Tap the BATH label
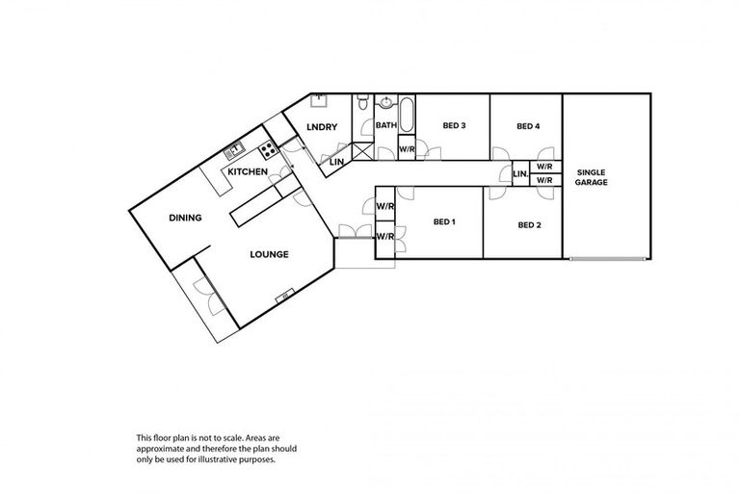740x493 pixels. pyautogui.click(x=385, y=125)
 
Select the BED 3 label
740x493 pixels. pyautogui.click(x=455, y=126)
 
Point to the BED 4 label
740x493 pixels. pyautogui.click(x=528, y=126)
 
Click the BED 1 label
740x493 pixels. pyautogui.click(x=444, y=222)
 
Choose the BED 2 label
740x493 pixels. pyautogui.click(x=529, y=225)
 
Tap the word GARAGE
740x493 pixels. pyautogui.click(x=592, y=181)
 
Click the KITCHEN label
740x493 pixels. pyautogui.click(x=248, y=171)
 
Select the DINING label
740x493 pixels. pyautogui.click(x=185, y=218)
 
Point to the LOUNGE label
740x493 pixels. pyautogui.click(x=270, y=254)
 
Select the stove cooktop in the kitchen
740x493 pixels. pyautogui.click(x=268, y=149)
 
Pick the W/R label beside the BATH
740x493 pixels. pyautogui.click(x=407, y=150)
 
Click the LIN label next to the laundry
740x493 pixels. pyautogui.click(x=337, y=161)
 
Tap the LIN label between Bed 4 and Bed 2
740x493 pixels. pyautogui.click(x=520, y=174)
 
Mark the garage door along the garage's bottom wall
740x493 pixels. pyautogui.click(x=607, y=259)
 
